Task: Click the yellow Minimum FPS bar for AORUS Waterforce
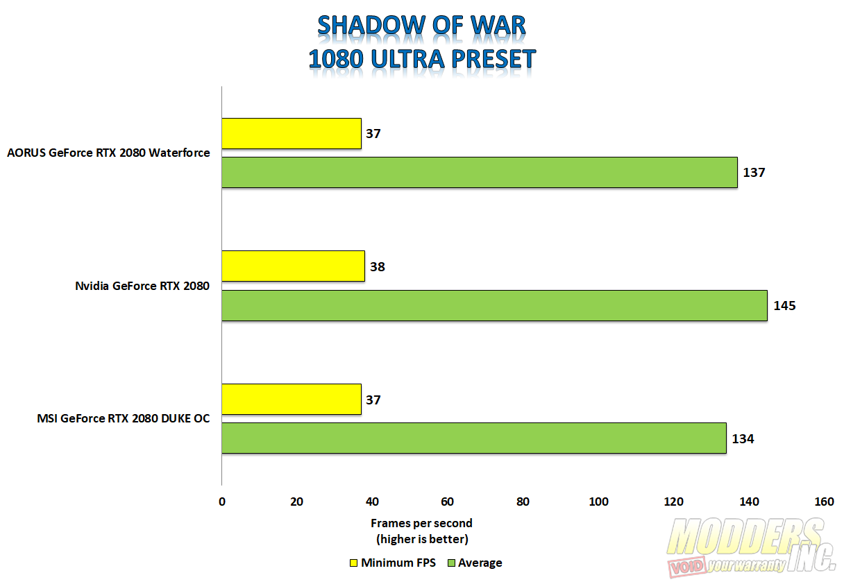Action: (x=292, y=133)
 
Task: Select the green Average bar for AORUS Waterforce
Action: (x=479, y=172)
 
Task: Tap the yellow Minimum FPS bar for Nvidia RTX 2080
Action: (x=293, y=266)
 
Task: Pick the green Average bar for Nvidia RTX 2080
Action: (x=494, y=305)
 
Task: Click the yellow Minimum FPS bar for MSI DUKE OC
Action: (x=292, y=400)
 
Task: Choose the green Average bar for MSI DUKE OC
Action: (x=473, y=438)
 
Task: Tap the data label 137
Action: (x=754, y=172)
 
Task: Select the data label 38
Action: (x=377, y=266)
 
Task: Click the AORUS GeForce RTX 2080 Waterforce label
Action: (x=108, y=153)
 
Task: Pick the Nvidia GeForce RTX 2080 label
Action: (x=142, y=286)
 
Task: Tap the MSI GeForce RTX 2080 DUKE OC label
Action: (x=124, y=418)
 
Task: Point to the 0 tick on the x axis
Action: (x=221, y=502)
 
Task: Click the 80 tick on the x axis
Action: (x=523, y=502)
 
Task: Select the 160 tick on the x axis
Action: (x=824, y=502)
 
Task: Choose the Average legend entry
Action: (x=479, y=563)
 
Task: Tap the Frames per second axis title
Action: (x=421, y=523)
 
